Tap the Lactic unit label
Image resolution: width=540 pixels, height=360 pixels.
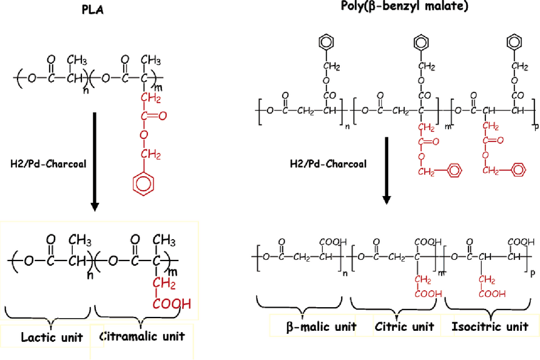(x=52, y=338)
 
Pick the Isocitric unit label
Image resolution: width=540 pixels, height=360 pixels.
(x=490, y=327)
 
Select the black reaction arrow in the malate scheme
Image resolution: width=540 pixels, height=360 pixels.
(x=386, y=171)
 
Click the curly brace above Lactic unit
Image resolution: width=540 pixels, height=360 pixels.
(x=50, y=313)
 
